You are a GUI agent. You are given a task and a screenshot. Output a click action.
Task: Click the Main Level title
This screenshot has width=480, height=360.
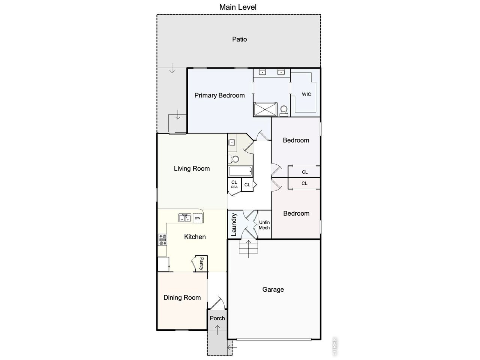click(x=238, y=7)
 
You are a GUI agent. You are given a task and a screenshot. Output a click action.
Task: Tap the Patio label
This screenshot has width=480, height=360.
click(x=240, y=39)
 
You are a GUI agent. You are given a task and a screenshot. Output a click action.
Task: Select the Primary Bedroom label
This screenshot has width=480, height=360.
click(x=219, y=96)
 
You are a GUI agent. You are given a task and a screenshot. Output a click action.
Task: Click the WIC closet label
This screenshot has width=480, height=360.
click(x=306, y=94)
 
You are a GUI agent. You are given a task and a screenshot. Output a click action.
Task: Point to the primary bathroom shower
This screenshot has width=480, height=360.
click(x=265, y=109)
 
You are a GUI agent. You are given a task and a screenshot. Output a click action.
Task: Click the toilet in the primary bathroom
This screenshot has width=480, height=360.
click(x=284, y=111)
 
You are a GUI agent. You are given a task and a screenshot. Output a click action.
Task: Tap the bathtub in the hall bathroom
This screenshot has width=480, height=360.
click(x=240, y=171)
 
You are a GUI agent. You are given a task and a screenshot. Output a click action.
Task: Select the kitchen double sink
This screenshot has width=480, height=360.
click(x=185, y=218)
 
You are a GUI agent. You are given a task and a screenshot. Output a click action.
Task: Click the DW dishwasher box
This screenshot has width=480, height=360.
click(x=198, y=218)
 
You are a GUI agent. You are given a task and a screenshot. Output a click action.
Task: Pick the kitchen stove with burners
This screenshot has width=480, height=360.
click(x=162, y=240)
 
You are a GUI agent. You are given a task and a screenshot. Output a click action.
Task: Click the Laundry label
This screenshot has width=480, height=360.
click(x=234, y=225)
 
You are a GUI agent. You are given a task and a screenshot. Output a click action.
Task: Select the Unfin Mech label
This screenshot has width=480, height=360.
click(x=264, y=225)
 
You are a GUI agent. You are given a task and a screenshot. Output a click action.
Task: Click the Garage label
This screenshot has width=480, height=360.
click(x=273, y=289)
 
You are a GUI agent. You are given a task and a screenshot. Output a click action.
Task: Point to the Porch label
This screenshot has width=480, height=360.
click(x=217, y=318)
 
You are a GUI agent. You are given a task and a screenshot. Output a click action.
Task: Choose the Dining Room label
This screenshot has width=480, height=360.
click(x=182, y=297)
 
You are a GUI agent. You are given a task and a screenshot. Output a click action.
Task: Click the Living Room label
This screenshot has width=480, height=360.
click(x=192, y=168)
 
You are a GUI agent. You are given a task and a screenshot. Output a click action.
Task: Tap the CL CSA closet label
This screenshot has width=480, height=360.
click(x=234, y=184)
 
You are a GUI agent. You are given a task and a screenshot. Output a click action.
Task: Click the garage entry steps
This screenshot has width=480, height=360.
click(x=248, y=246)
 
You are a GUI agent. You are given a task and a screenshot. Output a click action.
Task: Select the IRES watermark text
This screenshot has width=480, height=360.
click(x=334, y=346)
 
